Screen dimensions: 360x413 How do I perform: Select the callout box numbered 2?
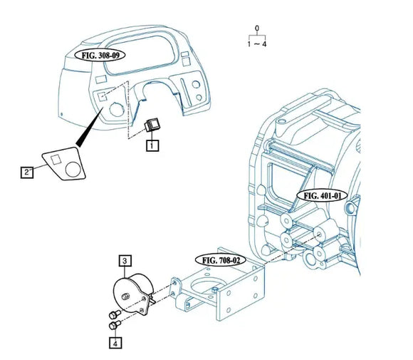click(x=26, y=172)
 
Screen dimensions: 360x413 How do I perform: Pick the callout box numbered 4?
click(x=115, y=343)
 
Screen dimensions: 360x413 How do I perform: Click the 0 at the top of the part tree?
click(x=256, y=29)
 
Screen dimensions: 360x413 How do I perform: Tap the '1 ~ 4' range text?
click(x=256, y=43)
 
